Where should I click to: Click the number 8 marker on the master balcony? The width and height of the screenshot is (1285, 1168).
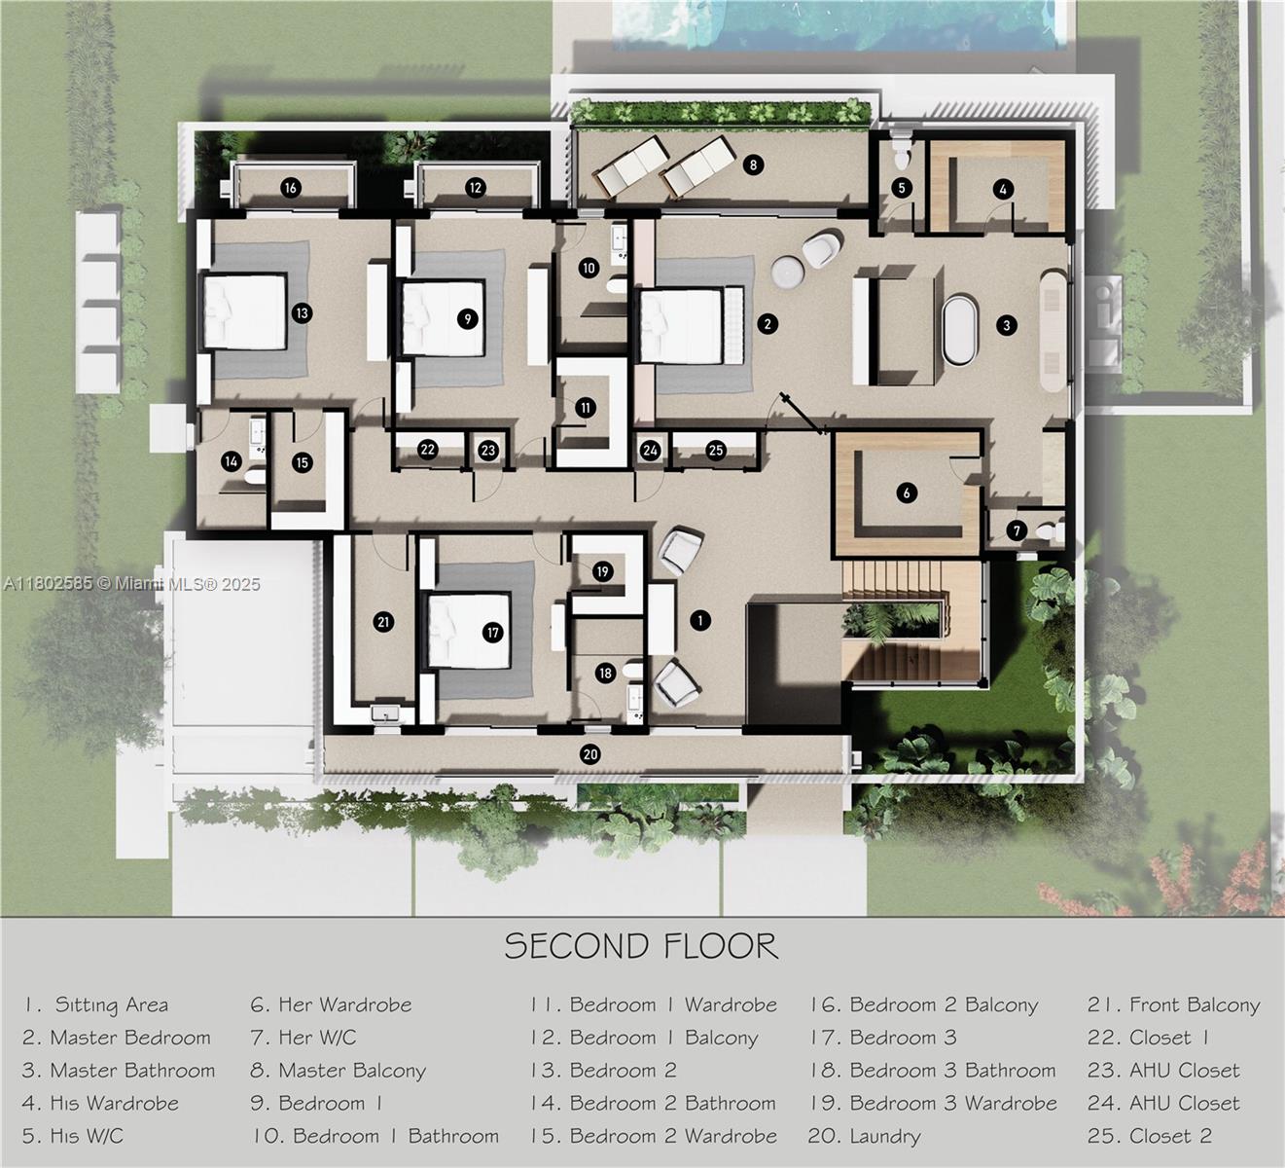752,164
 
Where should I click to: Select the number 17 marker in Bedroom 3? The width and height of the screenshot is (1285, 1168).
492,633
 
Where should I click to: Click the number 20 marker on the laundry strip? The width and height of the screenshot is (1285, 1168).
589,753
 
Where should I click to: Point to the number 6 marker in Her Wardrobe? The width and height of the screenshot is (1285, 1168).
907,493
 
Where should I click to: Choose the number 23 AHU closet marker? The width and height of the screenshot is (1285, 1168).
488,450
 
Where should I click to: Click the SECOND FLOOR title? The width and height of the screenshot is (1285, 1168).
641,946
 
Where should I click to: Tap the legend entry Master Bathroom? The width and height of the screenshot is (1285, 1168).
119,1071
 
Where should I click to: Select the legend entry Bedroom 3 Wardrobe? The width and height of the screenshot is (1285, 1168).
933,1104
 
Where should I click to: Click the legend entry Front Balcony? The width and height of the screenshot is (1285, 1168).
1174,1005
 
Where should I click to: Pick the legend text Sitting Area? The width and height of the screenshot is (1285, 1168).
96,1005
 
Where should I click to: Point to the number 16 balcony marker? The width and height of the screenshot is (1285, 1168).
290,188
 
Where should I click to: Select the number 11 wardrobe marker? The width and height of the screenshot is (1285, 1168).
585,408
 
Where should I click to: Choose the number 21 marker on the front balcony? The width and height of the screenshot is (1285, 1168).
382,622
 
